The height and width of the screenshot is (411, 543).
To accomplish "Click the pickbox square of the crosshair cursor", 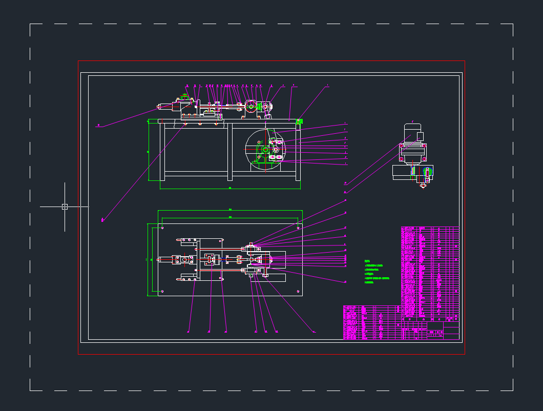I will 65,207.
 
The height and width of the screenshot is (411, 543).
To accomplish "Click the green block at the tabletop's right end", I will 300,121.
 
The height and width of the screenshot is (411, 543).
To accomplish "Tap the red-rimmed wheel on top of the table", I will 251,107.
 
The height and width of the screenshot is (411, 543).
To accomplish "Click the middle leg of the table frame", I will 230,152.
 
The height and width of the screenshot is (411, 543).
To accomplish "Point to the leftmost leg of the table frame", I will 162,152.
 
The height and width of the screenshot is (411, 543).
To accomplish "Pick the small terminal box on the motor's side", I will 420,136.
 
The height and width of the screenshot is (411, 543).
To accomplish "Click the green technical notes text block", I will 377,272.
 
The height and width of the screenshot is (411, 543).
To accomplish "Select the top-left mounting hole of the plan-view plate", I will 162,228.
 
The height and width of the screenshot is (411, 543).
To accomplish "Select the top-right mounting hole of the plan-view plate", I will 298,228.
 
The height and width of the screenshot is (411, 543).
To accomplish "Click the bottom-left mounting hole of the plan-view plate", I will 162,291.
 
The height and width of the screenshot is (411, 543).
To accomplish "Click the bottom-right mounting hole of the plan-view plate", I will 298,291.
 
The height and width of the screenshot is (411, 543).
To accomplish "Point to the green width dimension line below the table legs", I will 230,189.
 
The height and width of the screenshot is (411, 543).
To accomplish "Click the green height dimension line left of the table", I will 149,152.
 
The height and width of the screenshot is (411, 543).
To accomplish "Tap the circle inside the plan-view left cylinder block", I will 184,260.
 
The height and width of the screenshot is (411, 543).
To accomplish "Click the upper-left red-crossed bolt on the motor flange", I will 401,146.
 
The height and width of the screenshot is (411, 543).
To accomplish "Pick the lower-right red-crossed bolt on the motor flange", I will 425,160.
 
